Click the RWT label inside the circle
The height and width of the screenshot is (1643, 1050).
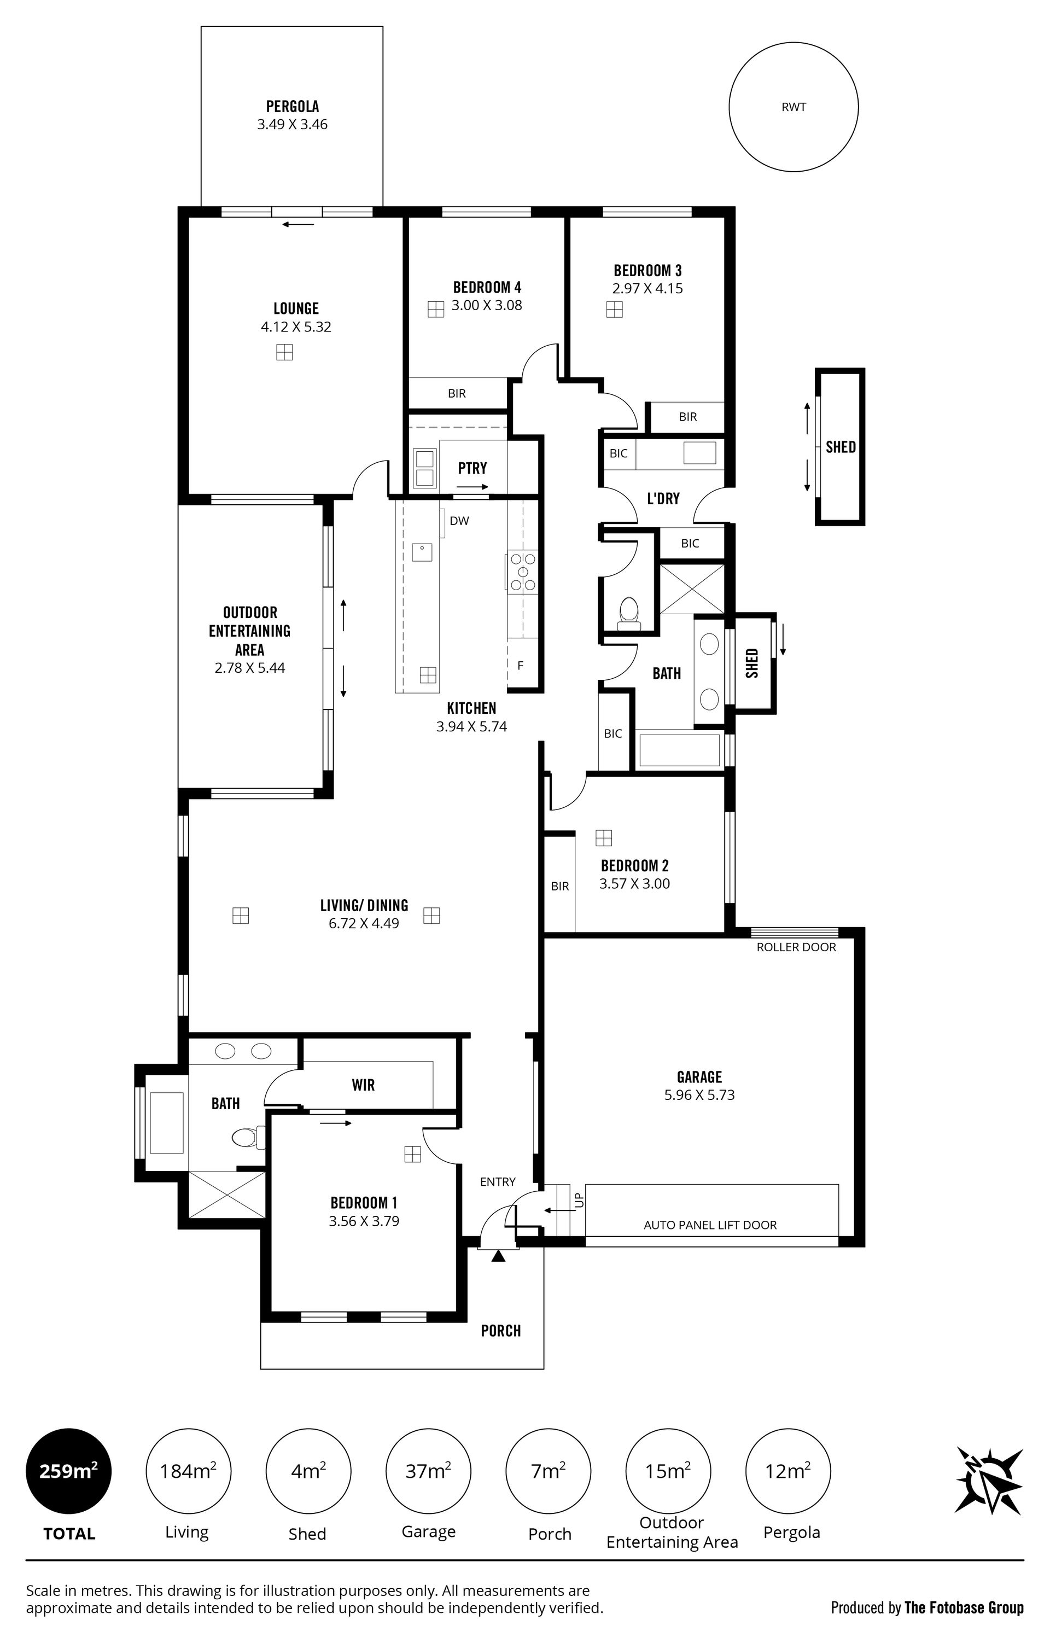(x=794, y=107)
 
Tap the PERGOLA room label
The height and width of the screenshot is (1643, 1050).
(x=292, y=107)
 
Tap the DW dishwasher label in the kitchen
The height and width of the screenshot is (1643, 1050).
(x=459, y=521)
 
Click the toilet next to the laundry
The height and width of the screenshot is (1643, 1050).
(x=628, y=612)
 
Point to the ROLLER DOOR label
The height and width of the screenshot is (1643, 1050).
(x=796, y=947)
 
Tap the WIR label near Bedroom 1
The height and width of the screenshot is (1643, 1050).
(x=363, y=1085)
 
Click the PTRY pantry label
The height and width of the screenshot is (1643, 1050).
(x=472, y=468)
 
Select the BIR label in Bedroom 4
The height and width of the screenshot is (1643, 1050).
(x=457, y=394)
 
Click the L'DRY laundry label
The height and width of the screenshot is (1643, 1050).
(x=663, y=499)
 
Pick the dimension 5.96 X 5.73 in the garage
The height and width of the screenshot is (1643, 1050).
(x=699, y=1095)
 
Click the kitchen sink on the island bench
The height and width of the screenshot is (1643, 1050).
(x=422, y=551)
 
